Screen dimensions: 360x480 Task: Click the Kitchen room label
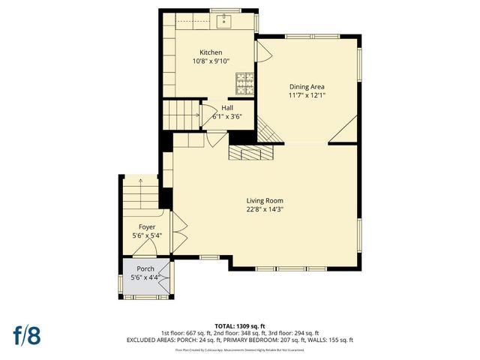(x=211, y=52)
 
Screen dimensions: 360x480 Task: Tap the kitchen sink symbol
(x=224, y=22)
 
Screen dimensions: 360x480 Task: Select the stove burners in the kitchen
(x=244, y=79)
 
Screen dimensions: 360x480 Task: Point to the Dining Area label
(x=307, y=86)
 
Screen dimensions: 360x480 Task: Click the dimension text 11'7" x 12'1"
(x=307, y=95)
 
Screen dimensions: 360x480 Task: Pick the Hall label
(x=226, y=108)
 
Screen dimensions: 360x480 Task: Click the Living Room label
(x=265, y=200)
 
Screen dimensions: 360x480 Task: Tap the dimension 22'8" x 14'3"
(x=265, y=209)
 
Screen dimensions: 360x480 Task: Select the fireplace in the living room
(x=251, y=152)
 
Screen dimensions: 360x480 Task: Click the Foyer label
(x=147, y=226)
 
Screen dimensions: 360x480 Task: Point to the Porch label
(x=145, y=268)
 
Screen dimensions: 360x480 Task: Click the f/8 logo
(x=26, y=334)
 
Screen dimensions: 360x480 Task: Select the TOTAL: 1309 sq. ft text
(x=239, y=325)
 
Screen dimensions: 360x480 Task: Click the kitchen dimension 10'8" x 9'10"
(x=211, y=61)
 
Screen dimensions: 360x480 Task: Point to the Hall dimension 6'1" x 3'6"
(x=226, y=116)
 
